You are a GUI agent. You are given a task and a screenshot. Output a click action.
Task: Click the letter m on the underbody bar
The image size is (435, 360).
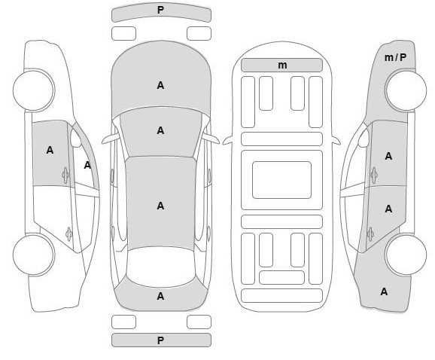pos(282,66)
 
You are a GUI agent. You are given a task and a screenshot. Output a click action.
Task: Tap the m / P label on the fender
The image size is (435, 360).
pos(395,57)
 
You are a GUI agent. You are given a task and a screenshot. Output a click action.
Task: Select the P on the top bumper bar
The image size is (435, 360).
pos(160,11)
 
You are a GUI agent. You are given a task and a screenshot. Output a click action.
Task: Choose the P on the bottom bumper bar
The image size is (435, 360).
pos(160,340)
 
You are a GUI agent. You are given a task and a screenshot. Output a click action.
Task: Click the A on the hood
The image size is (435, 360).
pos(160,86)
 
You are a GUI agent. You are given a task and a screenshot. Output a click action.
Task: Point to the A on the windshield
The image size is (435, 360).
pos(160,130)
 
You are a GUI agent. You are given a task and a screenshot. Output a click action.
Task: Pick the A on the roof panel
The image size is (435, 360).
pos(160,206)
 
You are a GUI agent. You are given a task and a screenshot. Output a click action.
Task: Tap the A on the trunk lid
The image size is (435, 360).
pos(160,297)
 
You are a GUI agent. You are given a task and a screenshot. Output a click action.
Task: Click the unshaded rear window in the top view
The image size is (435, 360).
pos(161,267)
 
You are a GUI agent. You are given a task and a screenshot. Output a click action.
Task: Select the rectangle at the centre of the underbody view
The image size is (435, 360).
pos(282,180)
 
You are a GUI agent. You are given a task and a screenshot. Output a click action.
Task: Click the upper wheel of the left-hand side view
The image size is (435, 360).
pos(34,90)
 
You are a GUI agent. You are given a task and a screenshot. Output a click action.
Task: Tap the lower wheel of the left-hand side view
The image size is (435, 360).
pos(34,255)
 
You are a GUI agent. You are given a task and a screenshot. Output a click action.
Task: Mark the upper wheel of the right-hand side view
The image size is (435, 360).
pos(406,90)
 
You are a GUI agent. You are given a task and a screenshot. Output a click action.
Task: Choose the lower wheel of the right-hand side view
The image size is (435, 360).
pos(406,255)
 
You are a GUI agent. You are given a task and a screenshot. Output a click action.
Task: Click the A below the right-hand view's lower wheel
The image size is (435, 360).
pos(384,291)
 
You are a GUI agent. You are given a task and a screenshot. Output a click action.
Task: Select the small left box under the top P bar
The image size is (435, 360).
pos(123,34)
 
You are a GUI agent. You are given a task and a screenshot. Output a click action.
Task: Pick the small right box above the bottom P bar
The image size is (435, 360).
pos(199,322)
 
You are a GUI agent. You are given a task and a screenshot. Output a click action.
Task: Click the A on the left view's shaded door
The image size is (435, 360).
pos(50,150)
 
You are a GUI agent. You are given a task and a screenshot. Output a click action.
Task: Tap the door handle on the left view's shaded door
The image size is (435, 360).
pos(65,175)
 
